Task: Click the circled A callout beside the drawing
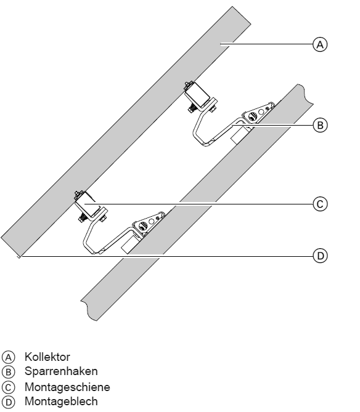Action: [320, 44]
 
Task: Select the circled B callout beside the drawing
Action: [320, 125]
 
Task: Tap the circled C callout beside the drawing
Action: [320, 204]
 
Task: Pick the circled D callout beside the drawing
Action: [320, 256]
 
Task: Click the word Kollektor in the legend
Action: [47, 357]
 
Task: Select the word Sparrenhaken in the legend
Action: [61, 371]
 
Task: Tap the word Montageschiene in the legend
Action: [67, 387]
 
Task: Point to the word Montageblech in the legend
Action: [61, 402]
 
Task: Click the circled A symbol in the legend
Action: [9, 357]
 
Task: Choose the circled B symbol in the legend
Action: [9, 372]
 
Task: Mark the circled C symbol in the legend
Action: [9, 387]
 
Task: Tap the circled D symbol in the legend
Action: [9, 402]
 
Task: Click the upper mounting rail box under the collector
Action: [197, 95]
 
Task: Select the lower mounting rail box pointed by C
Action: [88, 204]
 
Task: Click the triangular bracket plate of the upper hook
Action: [258, 113]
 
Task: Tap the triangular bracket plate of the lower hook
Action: [149, 222]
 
